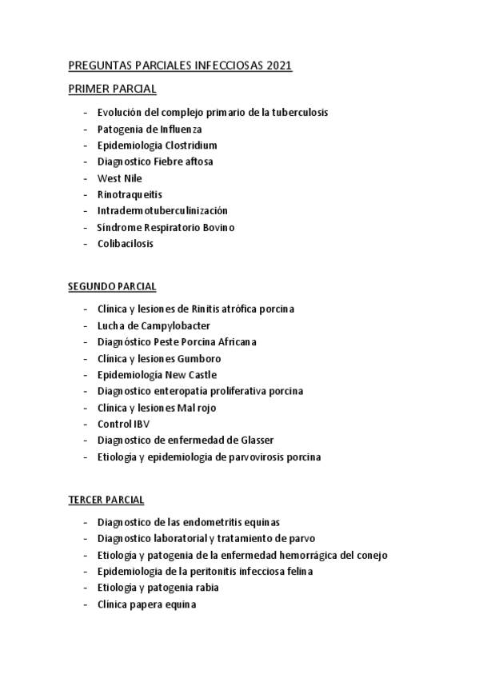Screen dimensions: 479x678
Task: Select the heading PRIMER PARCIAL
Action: (x=112, y=89)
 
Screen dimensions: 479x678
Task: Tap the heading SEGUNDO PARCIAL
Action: (x=112, y=285)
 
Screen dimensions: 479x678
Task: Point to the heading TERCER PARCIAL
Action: (x=106, y=500)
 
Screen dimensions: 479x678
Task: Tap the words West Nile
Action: (x=119, y=178)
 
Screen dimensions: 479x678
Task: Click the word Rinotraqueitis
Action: (x=130, y=194)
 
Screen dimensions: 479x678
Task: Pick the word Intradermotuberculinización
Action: (x=162, y=211)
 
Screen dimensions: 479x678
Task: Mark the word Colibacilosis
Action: (x=126, y=244)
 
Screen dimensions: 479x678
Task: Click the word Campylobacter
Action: (x=165, y=325)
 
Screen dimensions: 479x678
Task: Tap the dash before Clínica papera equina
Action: (x=86, y=604)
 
